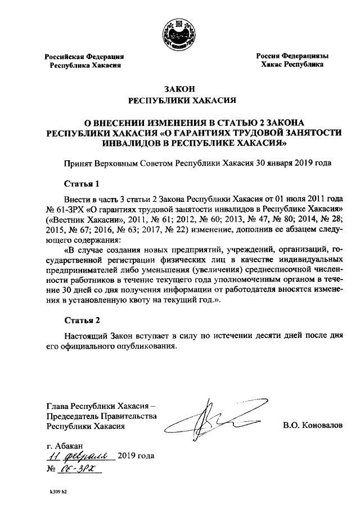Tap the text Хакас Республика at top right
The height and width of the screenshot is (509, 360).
pyautogui.click(x=292, y=65)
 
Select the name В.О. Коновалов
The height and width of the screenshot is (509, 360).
pyautogui.click(x=312, y=425)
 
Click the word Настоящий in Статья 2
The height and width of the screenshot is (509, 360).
pyautogui.click(x=85, y=336)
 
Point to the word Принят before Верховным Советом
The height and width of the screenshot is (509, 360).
pyautogui.click(x=78, y=163)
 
